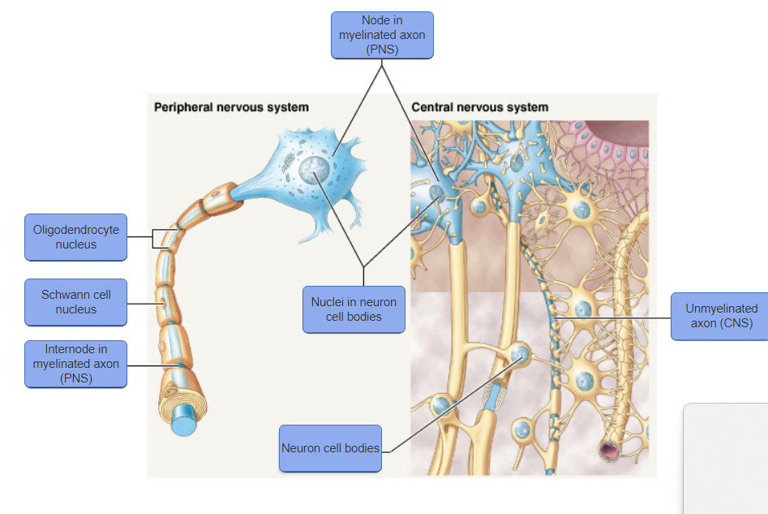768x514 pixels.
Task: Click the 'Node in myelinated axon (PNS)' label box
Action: pos(382,35)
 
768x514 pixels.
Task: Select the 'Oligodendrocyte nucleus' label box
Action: pos(75,237)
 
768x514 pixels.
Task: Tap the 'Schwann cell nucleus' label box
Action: pos(75,302)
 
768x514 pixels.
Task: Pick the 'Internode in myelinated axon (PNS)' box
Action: pos(75,364)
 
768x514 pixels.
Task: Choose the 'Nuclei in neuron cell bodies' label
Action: pos(354,309)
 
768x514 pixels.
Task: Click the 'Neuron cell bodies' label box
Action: pos(330,448)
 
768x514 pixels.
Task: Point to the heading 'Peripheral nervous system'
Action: pos(231,107)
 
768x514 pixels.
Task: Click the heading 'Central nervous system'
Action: pos(479,107)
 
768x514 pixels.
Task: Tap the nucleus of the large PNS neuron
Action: pos(313,171)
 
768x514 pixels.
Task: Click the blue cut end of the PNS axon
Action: pos(184,424)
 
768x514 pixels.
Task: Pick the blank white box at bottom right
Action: pos(726,459)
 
